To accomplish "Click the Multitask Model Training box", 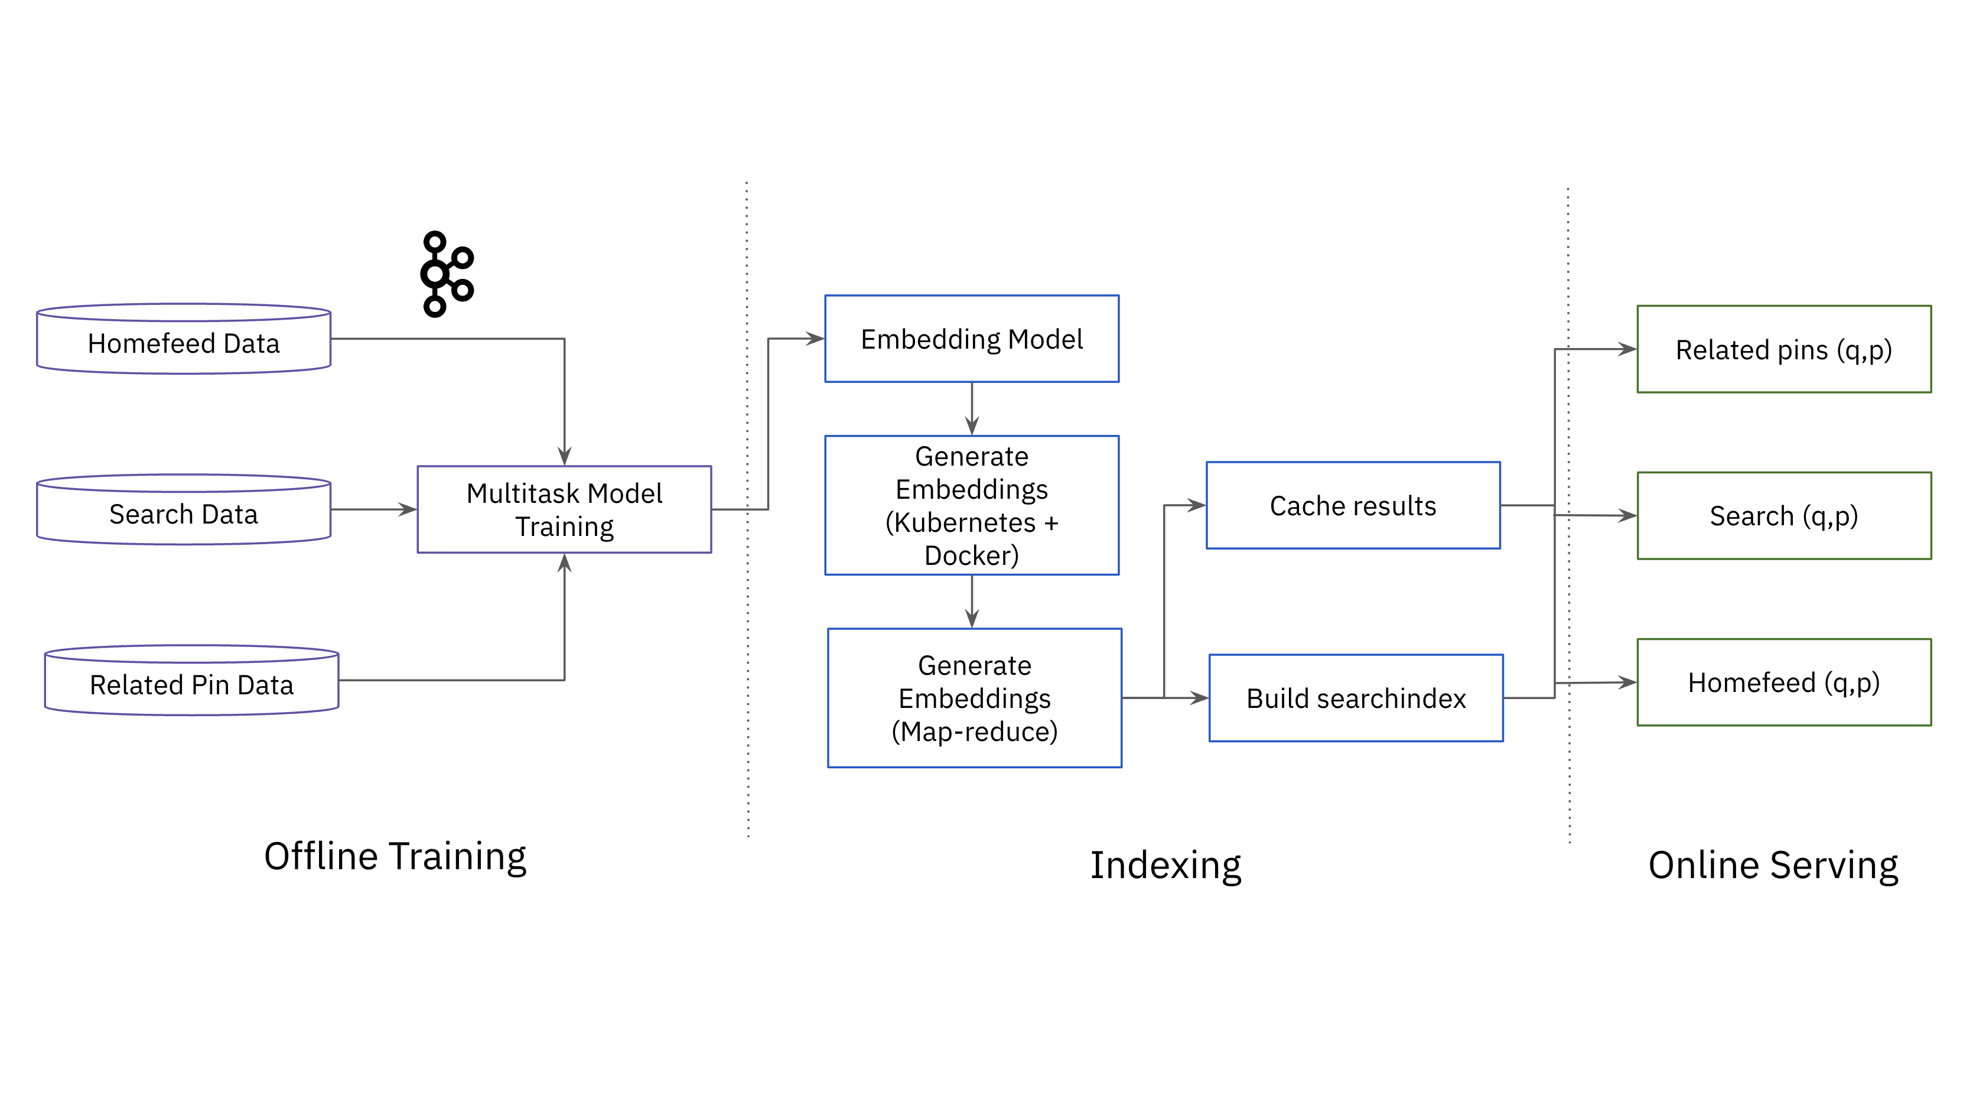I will [x=565, y=509].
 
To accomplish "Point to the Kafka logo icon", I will [x=447, y=274].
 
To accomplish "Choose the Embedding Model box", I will [x=971, y=339].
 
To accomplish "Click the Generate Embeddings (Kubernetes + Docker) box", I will [x=971, y=505].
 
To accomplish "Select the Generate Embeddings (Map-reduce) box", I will [x=974, y=698].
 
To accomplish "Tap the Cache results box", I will [x=1353, y=506].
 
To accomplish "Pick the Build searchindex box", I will [x=1356, y=698].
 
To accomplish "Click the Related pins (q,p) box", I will [x=1784, y=349].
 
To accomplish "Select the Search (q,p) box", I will [x=1784, y=516].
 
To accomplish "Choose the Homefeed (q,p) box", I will [x=1784, y=682].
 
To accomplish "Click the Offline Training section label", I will [x=395, y=857].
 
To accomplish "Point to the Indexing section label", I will [x=1165, y=865].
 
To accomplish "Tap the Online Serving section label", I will [x=1773, y=865].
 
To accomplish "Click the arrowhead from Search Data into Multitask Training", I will [x=408, y=509].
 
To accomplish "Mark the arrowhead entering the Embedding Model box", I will [x=816, y=339].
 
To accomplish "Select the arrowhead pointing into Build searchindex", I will [x=1200, y=698].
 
